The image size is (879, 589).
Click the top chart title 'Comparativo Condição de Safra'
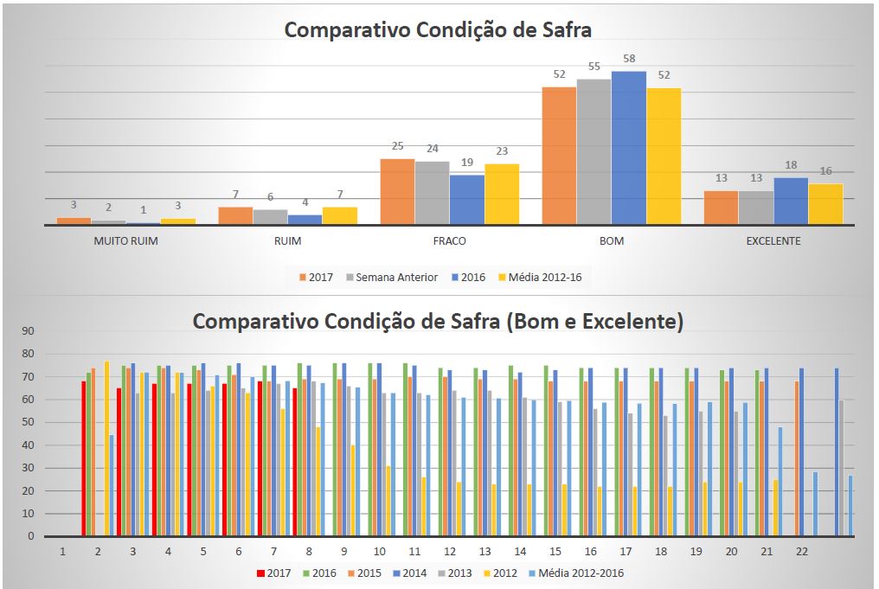438,30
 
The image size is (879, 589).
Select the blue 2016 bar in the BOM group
629,148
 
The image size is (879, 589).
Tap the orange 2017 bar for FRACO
397,191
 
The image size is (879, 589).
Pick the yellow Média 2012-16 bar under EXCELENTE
825,204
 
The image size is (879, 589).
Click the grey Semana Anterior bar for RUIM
270,216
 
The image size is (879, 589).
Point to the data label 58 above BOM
629,58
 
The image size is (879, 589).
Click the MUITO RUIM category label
126,241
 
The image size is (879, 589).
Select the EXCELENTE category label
773,241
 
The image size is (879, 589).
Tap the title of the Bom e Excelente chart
438,322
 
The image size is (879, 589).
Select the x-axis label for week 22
802,551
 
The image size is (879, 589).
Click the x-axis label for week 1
63,551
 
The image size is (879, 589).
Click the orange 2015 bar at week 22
797,458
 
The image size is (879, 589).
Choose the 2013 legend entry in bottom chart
455,573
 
